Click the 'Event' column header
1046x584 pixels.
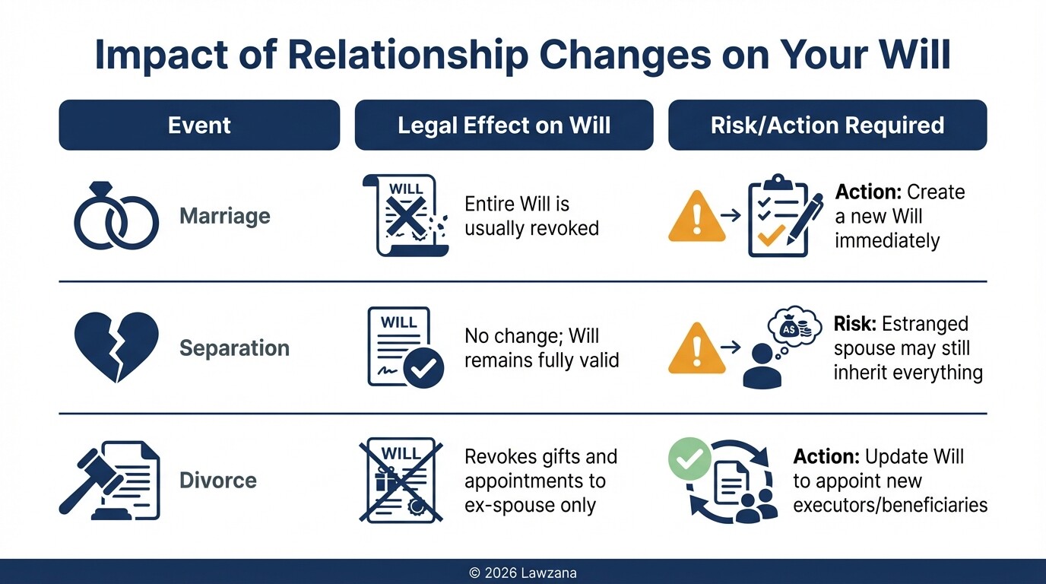tap(199, 125)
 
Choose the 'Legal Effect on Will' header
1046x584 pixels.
tap(503, 125)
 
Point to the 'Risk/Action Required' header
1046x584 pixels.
tap(827, 125)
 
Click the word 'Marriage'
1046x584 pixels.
tap(225, 216)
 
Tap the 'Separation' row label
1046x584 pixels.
tap(234, 348)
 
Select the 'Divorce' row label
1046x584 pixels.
tap(218, 481)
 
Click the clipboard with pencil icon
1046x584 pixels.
tap(784, 216)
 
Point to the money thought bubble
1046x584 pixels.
tap(795, 327)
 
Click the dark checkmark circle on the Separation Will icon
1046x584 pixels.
tap(423, 369)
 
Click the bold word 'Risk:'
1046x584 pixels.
tap(855, 325)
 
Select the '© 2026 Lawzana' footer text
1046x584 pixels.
tap(523, 573)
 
